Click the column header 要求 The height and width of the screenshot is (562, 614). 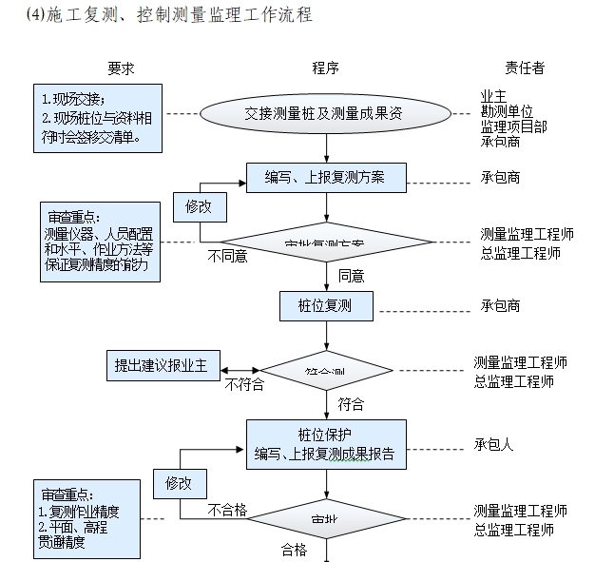120,68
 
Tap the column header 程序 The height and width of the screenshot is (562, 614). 326,68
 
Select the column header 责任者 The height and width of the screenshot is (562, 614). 525,68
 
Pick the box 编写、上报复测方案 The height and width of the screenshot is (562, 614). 326,178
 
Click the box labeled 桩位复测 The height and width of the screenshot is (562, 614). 326,306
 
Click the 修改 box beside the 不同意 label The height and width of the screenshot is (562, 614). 199,205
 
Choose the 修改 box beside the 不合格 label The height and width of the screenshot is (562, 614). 185,483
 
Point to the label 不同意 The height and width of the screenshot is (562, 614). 228,256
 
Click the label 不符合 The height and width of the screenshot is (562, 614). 244,385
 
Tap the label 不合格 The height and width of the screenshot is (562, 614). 228,511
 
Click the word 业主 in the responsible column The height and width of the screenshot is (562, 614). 493,96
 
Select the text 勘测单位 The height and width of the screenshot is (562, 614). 507,111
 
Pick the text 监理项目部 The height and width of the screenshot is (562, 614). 513,126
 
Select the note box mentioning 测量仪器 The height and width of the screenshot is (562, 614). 99,242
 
